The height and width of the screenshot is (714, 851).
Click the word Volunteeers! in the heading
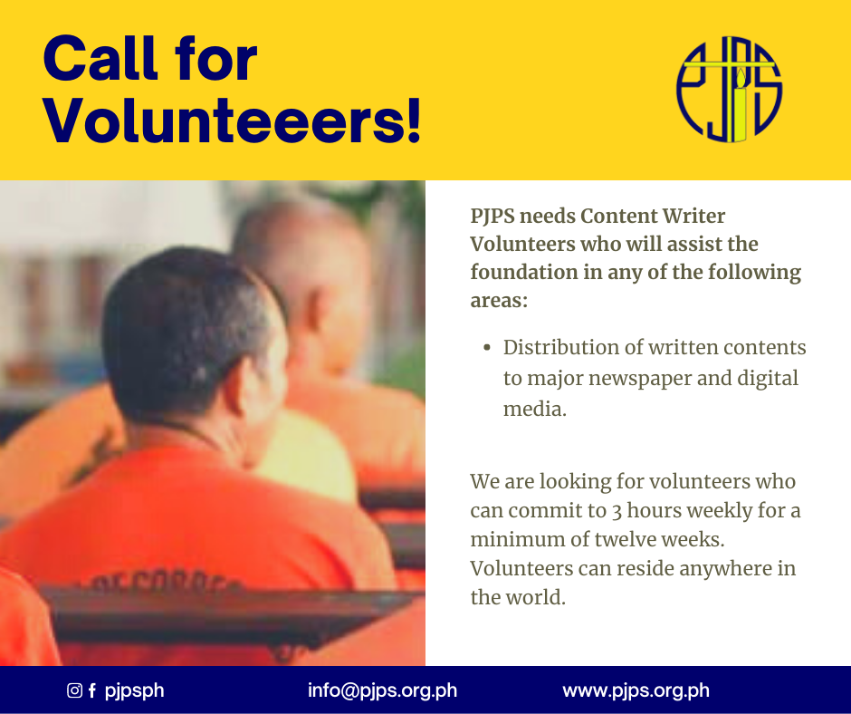232,121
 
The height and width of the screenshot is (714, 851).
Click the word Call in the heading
100,58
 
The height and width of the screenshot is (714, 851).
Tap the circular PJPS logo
729,90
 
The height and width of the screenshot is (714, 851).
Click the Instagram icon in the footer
74,690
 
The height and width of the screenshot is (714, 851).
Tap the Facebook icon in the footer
92,690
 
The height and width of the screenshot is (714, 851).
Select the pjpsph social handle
134,691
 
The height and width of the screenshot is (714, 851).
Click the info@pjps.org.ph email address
382,690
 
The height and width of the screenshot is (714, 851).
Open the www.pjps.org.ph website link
636,690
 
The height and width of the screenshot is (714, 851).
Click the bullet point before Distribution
487,348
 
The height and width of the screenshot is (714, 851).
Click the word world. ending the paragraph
535,597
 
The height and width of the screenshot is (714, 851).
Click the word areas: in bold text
499,301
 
